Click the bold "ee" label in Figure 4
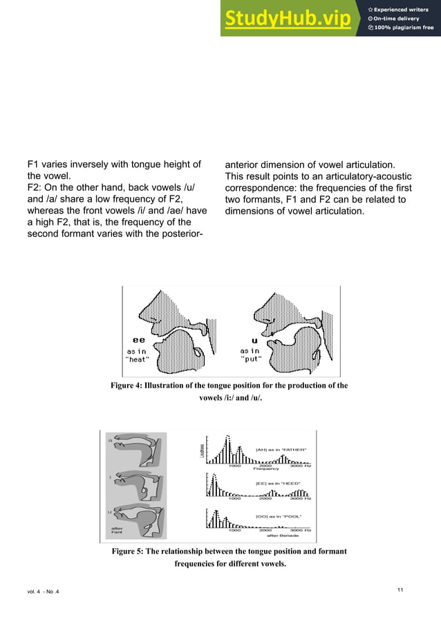[138, 340]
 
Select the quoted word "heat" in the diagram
[138, 359]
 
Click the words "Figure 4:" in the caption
[129, 386]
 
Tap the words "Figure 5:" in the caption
[129, 551]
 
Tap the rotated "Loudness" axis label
[202, 451]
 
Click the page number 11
[400, 589]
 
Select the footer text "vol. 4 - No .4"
[44, 589]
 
